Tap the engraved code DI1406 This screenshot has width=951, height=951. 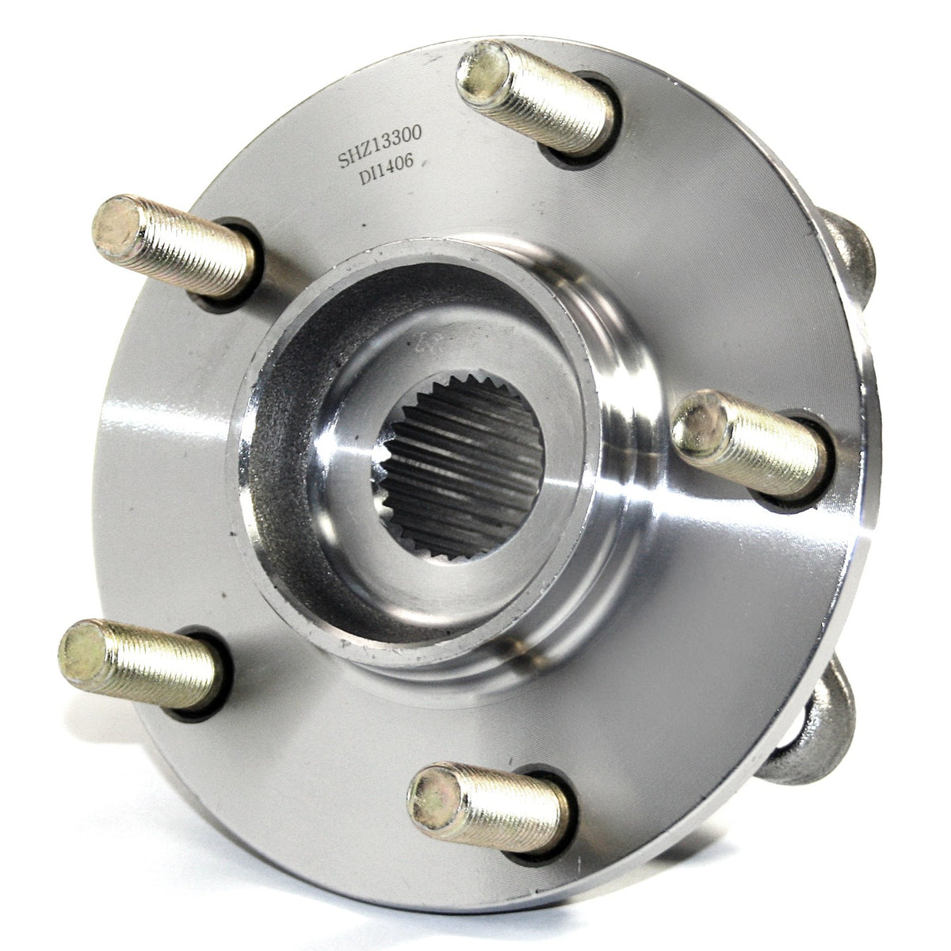point(386,170)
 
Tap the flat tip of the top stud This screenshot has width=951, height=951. point(482,73)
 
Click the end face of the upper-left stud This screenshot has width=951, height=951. point(117,227)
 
